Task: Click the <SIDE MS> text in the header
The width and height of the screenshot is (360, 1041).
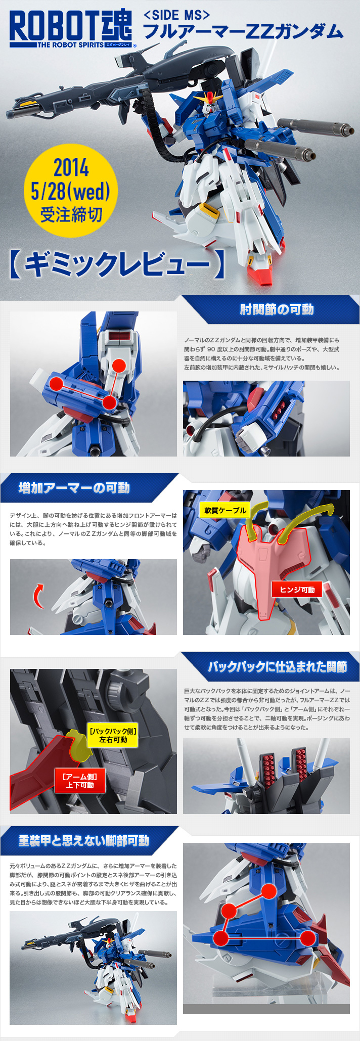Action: coord(177,15)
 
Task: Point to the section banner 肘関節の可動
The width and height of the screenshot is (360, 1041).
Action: coord(277,309)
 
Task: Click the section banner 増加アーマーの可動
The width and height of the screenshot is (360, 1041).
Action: coord(74,488)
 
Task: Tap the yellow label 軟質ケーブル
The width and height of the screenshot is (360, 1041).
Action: coord(226,510)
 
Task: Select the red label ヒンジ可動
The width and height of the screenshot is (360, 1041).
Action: coord(297,590)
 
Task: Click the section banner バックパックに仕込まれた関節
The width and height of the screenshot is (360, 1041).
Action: coord(277,667)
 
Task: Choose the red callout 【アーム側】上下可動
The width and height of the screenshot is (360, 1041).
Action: coord(80,781)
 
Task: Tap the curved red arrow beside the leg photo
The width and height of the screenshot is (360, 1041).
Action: coord(37,596)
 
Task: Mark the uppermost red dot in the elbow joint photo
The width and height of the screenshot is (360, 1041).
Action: coord(119,366)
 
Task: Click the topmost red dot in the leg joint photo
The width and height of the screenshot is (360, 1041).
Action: coord(269,891)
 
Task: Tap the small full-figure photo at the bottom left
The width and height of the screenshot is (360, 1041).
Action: coord(94,968)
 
